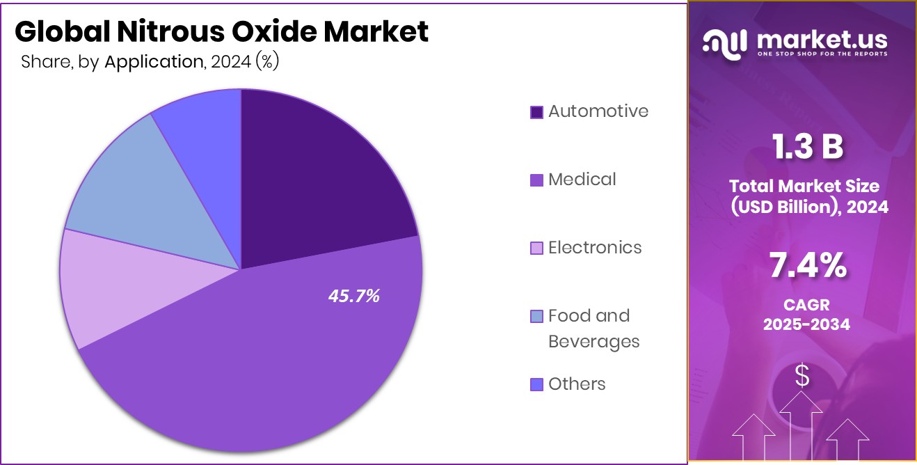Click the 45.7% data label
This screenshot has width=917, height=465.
click(354, 296)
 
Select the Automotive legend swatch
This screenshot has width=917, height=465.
click(536, 112)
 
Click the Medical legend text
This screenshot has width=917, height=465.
click(582, 179)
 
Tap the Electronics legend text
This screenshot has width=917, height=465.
click(595, 247)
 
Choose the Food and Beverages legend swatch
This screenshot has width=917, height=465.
click(536, 317)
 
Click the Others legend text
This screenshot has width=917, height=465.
click(577, 384)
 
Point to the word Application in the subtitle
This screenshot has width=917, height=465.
click(153, 61)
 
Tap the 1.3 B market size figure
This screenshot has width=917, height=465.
click(808, 147)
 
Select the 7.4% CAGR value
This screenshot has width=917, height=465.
click(808, 265)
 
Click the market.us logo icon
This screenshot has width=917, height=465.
click(725, 43)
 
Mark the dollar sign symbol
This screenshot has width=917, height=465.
click(802, 376)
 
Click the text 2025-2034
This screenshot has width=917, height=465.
click(806, 324)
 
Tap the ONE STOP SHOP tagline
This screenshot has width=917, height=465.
click(823, 54)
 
